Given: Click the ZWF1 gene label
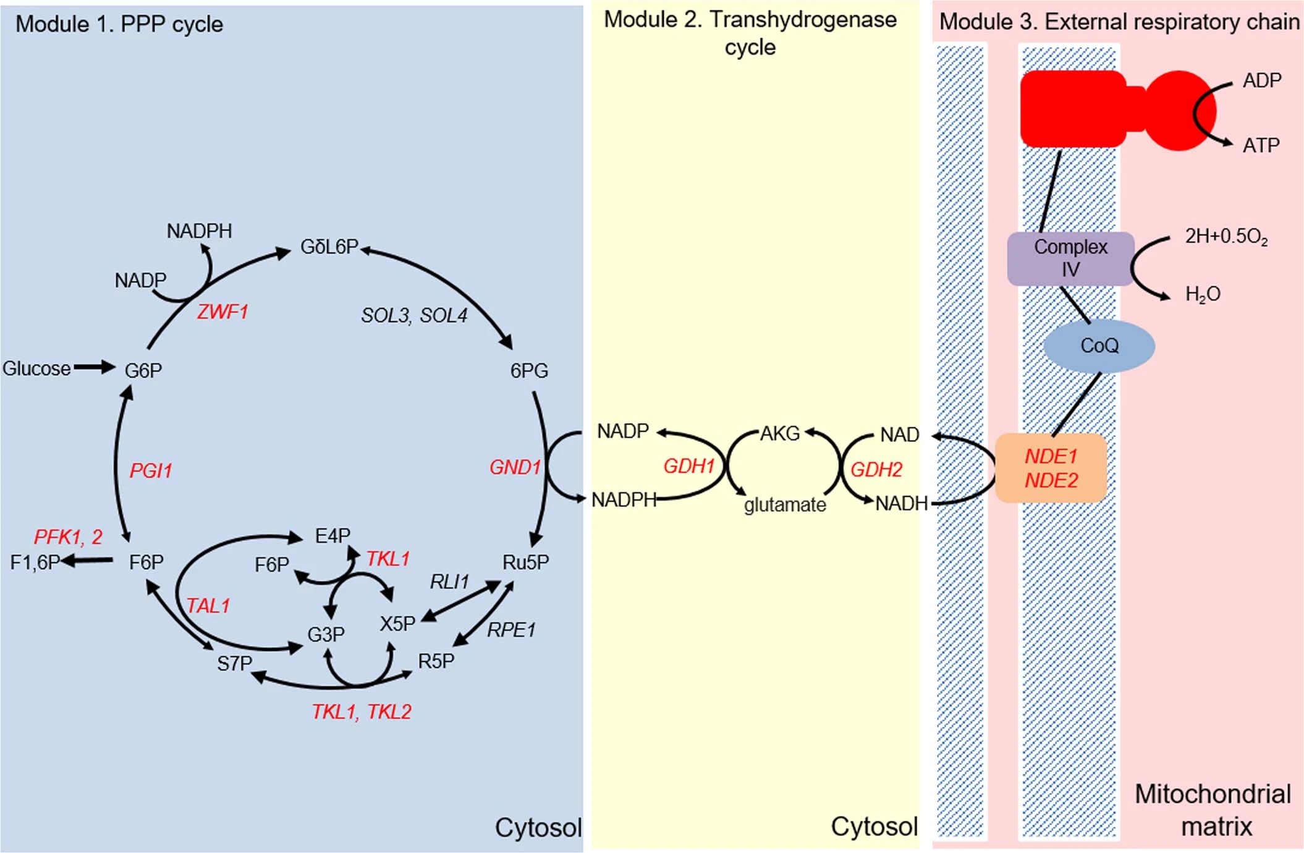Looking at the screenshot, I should tap(222, 312).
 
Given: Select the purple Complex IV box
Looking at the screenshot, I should tap(1070, 258).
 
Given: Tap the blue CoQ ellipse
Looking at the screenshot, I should tap(1099, 346).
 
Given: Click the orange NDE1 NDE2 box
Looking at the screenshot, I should tap(1051, 468).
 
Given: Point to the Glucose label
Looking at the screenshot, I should tap(36, 368).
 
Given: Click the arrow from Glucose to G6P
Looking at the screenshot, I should tap(94, 368).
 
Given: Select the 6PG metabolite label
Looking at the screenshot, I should tap(528, 370).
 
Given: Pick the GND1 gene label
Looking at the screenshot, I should tap(515, 467).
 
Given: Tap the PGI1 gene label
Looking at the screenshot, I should tap(150, 471).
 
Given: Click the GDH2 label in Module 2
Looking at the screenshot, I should tap(876, 470).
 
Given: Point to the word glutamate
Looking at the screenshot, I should tap(785, 505).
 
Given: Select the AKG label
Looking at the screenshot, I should tap(780, 434).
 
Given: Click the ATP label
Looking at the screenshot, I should tap(1261, 145).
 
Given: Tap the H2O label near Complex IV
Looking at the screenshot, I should tap(1202, 294).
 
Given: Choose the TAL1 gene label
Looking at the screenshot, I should tap(208, 606).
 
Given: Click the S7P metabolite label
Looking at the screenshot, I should tap(234, 664).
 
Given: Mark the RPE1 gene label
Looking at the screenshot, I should tap(511, 630).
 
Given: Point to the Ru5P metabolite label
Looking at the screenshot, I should tap(525, 562).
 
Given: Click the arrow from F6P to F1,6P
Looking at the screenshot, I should tap(87, 561).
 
